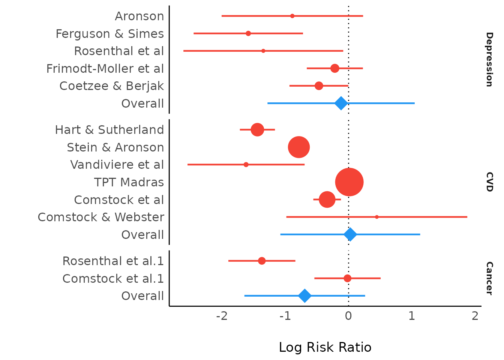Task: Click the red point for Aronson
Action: (x=292, y=16)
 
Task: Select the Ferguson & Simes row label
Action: (x=109, y=34)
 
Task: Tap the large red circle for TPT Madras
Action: (x=349, y=182)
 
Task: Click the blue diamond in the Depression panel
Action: (x=340, y=103)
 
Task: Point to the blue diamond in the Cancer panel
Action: (x=304, y=295)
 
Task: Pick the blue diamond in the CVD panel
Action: (x=350, y=234)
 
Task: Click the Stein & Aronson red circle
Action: (x=299, y=147)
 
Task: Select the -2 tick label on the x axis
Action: (x=222, y=316)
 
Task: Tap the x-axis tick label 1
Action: (x=412, y=316)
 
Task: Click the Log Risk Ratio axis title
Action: (x=325, y=347)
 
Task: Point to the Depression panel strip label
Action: (x=489, y=59)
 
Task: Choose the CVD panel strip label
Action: (x=489, y=182)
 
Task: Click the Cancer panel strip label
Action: (x=489, y=278)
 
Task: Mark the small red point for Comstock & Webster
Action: (x=376, y=217)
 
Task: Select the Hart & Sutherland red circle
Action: (x=257, y=129)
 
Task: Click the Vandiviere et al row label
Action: (x=117, y=165)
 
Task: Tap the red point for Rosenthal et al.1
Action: (x=262, y=261)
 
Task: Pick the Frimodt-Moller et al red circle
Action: (x=335, y=68)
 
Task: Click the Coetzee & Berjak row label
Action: (x=112, y=86)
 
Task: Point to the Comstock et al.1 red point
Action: (x=347, y=278)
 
